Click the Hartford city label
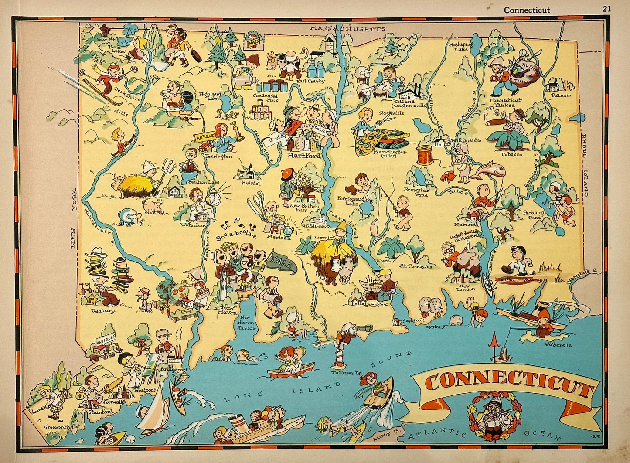click(x=303, y=156)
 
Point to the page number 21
click(x=607, y=9)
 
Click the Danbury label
click(x=103, y=311)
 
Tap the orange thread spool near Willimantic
click(x=425, y=155)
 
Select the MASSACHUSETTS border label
click(x=347, y=29)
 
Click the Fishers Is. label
click(x=558, y=344)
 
